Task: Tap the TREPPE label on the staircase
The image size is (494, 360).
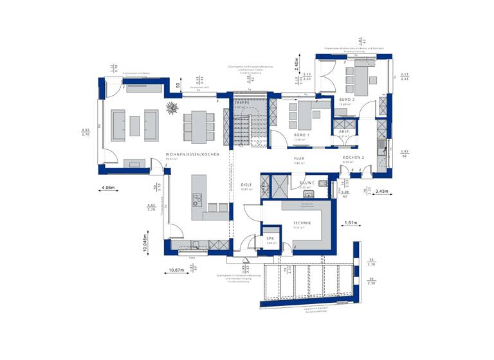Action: click(x=242, y=103)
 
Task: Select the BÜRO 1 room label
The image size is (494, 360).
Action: click(x=303, y=135)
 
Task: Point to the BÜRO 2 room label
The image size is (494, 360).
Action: click(x=347, y=100)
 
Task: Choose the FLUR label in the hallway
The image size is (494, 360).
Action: click(x=299, y=158)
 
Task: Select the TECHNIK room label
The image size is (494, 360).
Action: click(x=303, y=222)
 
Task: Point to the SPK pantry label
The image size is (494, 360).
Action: click(x=271, y=239)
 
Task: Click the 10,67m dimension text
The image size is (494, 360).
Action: click(x=176, y=270)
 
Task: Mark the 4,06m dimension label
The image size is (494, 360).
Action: click(x=108, y=188)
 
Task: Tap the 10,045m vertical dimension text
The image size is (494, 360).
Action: click(x=146, y=245)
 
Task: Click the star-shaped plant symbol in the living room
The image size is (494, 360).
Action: click(x=172, y=107)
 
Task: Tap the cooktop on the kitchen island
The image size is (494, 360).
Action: click(x=198, y=198)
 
